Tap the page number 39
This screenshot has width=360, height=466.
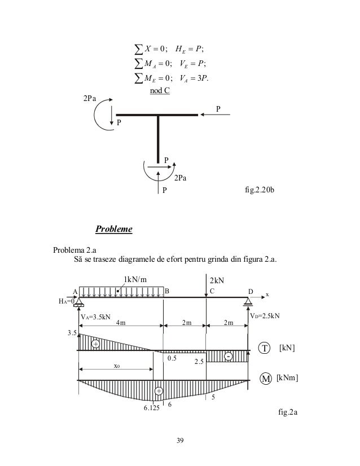[x=180, y=440]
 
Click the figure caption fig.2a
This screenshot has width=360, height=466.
[x=288, y=412]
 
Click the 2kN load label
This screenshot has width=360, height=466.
[x=217, y=280]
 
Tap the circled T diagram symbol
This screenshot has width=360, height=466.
[x=264, y=348]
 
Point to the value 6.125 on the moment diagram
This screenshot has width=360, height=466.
[x=151, y=408]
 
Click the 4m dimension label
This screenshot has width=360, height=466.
[x=121, y=323]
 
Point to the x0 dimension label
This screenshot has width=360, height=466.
[x=116, y=366]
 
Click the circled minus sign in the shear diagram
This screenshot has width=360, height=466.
[x=228, y=357]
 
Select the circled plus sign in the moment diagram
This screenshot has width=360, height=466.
[x=159, y=390]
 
